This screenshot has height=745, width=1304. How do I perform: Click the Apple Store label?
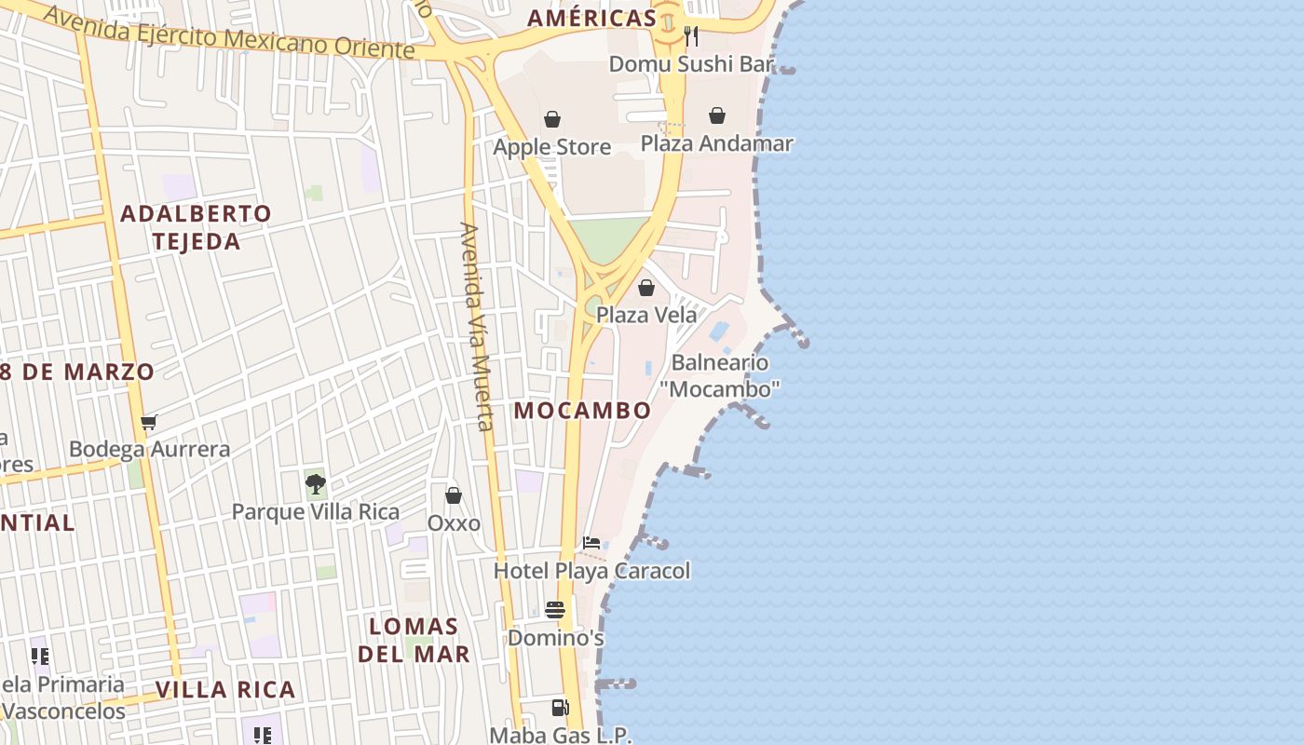coord(552,147)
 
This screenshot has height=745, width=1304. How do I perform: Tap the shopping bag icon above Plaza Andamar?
coord(717,115)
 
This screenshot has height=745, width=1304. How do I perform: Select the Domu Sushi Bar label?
coord(692,63)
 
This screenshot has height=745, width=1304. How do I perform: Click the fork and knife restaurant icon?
coord(691,36)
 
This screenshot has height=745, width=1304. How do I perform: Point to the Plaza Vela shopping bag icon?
coord(646,288)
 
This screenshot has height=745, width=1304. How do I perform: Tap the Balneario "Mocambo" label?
coord(720,375)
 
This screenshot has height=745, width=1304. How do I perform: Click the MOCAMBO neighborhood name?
coord(583,410)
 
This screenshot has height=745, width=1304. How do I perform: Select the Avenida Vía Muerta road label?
coord(476,326)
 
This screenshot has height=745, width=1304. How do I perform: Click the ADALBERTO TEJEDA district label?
coord(197,227)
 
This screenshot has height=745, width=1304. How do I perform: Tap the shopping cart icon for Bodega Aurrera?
coord(149,422)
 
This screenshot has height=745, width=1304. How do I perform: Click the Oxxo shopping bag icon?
coord(454,495)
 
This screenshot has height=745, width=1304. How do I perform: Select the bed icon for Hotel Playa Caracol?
coord(591,543)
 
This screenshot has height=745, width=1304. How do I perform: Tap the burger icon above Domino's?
coord(555,610)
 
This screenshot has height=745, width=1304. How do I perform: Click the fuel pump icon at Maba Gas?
coord(560,708)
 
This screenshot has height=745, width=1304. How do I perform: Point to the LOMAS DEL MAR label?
coord(414,640)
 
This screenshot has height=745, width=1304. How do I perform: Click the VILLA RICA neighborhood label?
coord(225,690)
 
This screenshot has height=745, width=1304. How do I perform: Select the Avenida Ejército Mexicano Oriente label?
coord(228,31)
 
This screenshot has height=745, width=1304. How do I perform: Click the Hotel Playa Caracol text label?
coord(592,571)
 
